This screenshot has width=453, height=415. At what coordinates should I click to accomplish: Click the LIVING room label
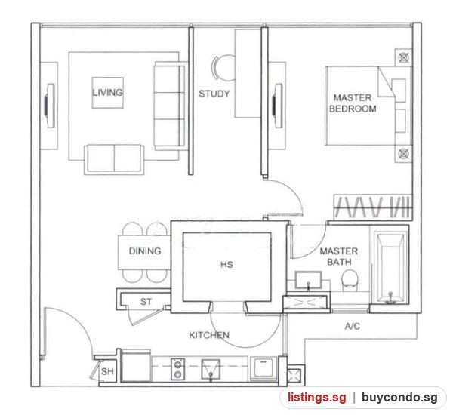tap(107, 92)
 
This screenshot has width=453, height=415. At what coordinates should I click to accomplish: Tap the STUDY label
tap(214, 94)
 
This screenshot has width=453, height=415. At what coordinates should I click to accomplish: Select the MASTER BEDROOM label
tap(353, 103)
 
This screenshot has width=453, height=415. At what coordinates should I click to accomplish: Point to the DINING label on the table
tap(145, 251)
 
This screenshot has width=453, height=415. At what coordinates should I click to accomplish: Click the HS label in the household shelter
tap(226, 265)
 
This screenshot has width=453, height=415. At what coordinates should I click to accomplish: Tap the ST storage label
tap(146, 302)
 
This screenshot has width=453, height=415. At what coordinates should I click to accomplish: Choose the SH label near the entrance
tap(107, 371)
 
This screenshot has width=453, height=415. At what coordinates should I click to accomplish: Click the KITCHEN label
tap(209, 335)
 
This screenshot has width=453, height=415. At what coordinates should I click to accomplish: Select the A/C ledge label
tap(353, 326)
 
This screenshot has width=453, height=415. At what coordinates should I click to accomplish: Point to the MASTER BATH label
tap(339, 257)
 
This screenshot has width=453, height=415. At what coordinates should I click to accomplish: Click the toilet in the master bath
tap(350, 281)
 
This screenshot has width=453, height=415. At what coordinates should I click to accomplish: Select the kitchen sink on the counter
tap(211, 369)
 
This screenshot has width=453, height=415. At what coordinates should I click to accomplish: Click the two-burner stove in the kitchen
tap(177, 369)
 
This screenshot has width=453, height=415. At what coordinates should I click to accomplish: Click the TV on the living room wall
tap(50, 106)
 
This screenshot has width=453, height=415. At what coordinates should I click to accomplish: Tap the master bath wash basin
tap(308, 279)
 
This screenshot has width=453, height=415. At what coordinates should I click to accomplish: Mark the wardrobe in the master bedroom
tap(373, 207)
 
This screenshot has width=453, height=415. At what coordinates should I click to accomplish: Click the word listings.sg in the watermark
tap(316, 398)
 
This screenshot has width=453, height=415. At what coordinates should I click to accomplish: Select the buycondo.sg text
tap(399, 398)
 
